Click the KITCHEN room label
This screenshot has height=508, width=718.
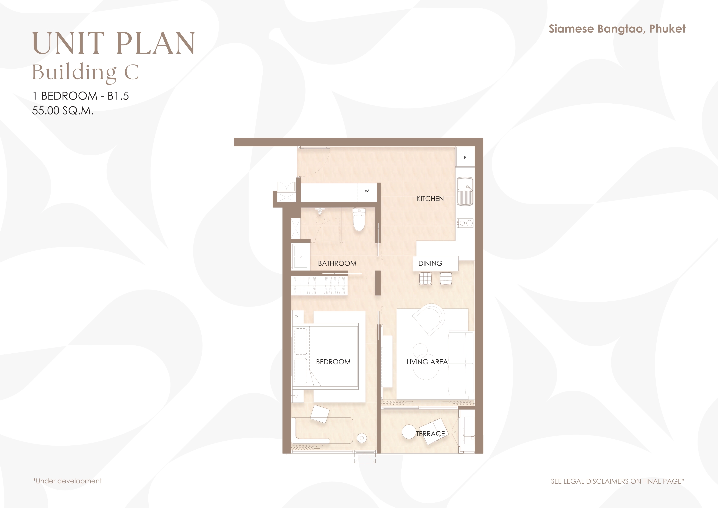click(x=430, y=199)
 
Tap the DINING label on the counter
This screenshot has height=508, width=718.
click(x=430, y=263)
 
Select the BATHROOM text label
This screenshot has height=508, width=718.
click(x=337, y=263)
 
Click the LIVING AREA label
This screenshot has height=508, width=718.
click(x=427, y=362)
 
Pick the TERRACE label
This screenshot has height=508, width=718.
click(x=430, y=434)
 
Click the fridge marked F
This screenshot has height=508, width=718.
click(x=465, y=157)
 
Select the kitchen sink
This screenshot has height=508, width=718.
click(x=465, y=191)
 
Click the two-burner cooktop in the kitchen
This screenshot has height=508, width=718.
click(x=465, y=223)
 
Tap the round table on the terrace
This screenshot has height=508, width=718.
click(x=408, y=432)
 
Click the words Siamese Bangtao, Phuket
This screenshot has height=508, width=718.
click(x=617, y=29)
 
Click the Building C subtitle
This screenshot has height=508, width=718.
click(x=85, y=72)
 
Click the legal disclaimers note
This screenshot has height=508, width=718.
click(x=617, y=481)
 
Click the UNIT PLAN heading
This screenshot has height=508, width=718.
click(x=114, y=43)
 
